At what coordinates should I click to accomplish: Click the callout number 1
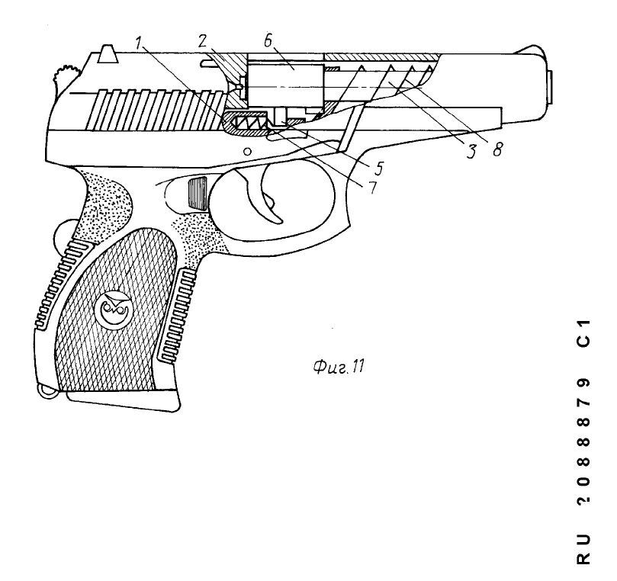pyautogui.click(x=139, y=43)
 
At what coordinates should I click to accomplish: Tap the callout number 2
pyautogui.click(x=202, y=41)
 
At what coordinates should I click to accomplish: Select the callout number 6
pyautogui.click(x=268, y=40)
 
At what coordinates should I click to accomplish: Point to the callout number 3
pyautogui.click(x=471, y=151)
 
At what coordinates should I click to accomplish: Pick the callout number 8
pyautogui.click(x=498, y=149)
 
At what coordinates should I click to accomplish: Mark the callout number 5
pyautogui.click(x=378, y=168)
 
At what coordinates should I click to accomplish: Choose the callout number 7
pyautogui.click(x=372, y=187)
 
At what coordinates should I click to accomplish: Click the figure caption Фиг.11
pyautogui.click(x=339, y=368)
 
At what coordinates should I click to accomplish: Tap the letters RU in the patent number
pyautogui.click(x=583, y=549)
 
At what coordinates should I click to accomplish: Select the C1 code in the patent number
pyautogui.click(x=583, y=333)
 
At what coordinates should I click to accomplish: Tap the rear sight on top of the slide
pyautogui.click(x=108, y=54)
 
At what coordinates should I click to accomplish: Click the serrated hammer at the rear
pyautogui.click(x=66, y=79)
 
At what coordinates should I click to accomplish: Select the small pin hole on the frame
pyautogui.click(x=247, y=151)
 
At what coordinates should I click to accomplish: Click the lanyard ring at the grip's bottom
pyautogui.click(x=48, y=391)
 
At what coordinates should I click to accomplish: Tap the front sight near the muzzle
pyautogui.click(x=529, y=50)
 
